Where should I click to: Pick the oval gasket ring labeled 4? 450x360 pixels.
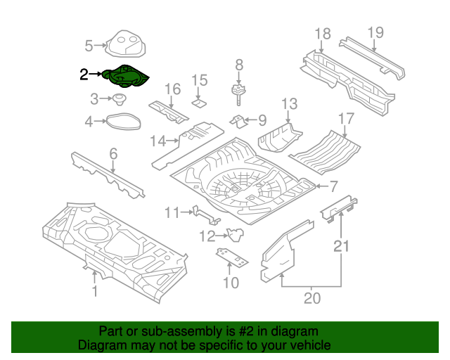(122, 122)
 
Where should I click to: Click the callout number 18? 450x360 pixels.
(323, 33)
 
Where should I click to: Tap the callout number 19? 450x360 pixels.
(375, 32)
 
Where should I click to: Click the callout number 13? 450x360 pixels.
(290, 105)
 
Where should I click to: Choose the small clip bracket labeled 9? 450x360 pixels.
(240, 122)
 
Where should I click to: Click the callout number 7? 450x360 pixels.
(333, 186)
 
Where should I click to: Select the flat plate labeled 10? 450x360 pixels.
(231, 258)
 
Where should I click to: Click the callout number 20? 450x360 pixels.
(311, 298)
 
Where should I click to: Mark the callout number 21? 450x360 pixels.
(341, 245)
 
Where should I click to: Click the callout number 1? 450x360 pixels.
(95, 291)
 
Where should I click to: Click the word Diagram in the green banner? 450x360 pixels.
(101, 346)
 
